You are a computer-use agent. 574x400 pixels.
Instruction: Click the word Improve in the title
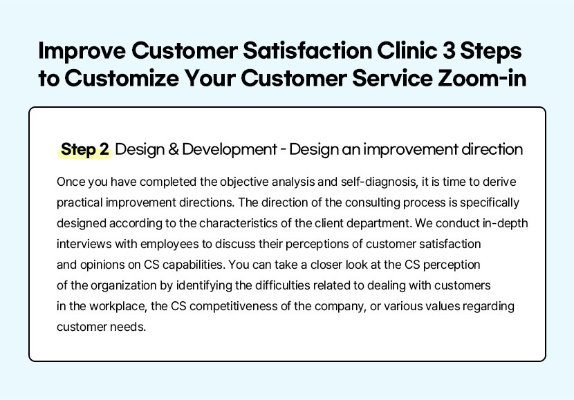point(82,52)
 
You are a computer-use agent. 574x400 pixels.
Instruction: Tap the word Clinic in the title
point(407,50)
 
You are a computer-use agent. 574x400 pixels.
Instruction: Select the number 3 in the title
point(448,50)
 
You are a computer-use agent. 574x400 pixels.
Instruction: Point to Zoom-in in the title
point(482,78)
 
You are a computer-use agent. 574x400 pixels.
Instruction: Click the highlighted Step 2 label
point(85,149)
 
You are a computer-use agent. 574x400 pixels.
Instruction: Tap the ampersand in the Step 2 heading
point(173,149)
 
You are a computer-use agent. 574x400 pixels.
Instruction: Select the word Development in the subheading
point(230,149)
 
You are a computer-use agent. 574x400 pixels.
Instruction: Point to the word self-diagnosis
point(379,182)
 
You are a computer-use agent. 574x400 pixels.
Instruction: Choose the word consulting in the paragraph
point(372,203)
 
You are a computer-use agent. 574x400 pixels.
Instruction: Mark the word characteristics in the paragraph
point(239,223)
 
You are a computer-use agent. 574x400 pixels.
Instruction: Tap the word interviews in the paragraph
point(84,244)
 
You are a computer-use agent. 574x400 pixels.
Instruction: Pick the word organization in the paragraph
point(123,286)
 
